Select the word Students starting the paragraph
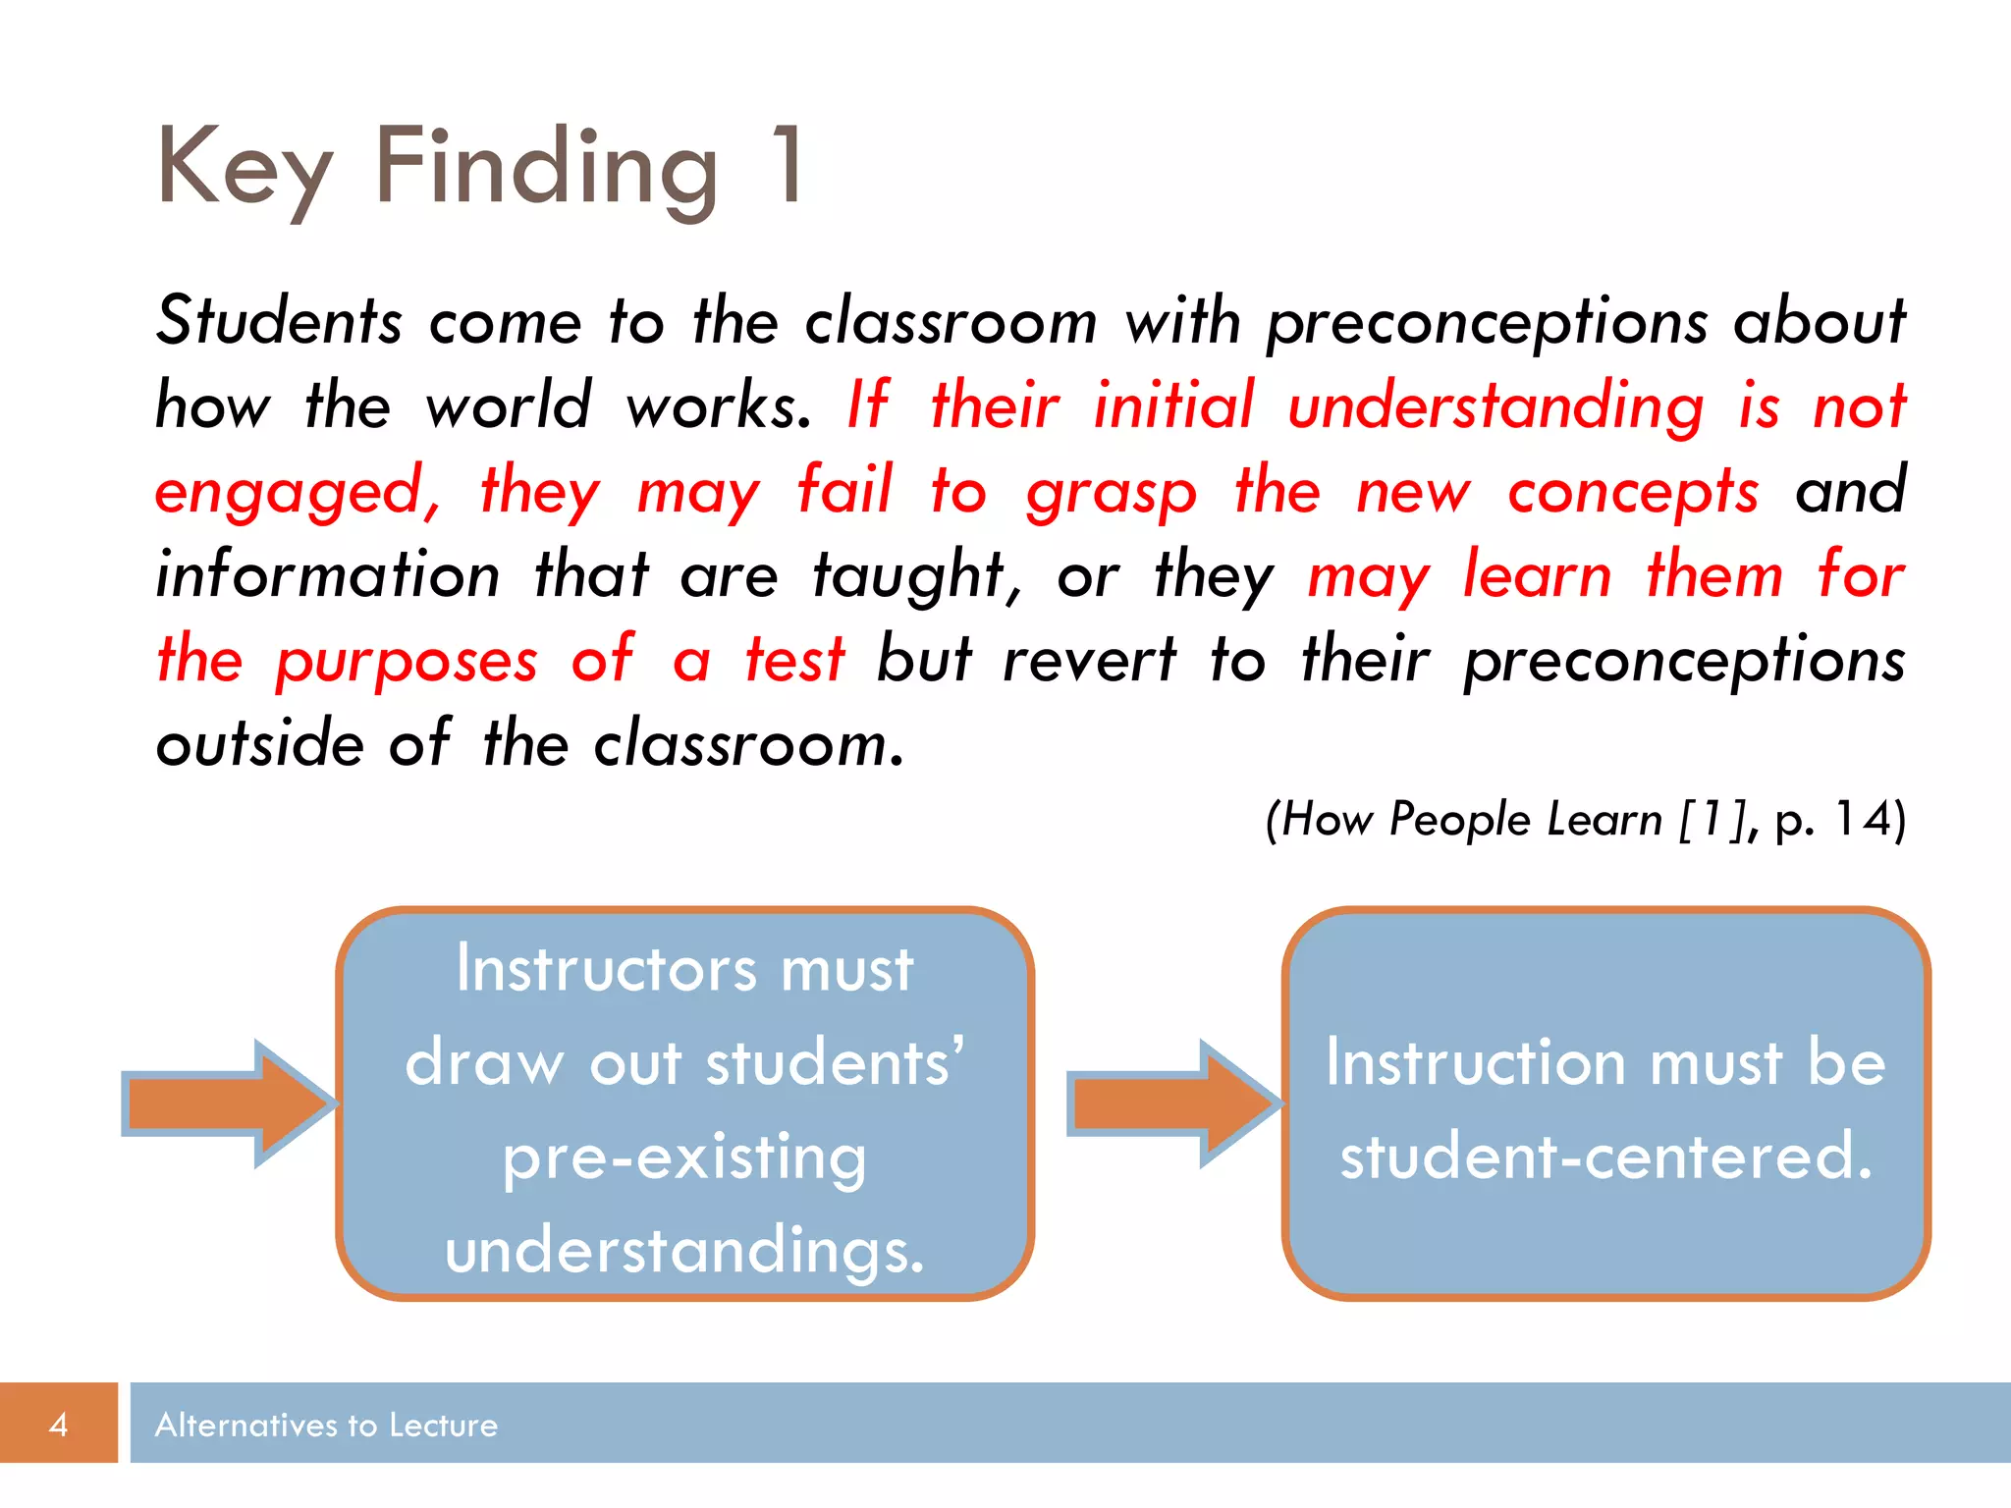click(x=279, y=322)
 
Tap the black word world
click(x=508, y=405)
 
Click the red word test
click(x=794, y=660)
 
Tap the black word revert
click(x=1089, y=660)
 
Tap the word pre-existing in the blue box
click(x=684, y=1158)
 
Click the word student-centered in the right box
click(x=1606, y=1157)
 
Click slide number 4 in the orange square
click(x=59, y=1425)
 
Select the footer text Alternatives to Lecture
click(x=326, y=1426)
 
